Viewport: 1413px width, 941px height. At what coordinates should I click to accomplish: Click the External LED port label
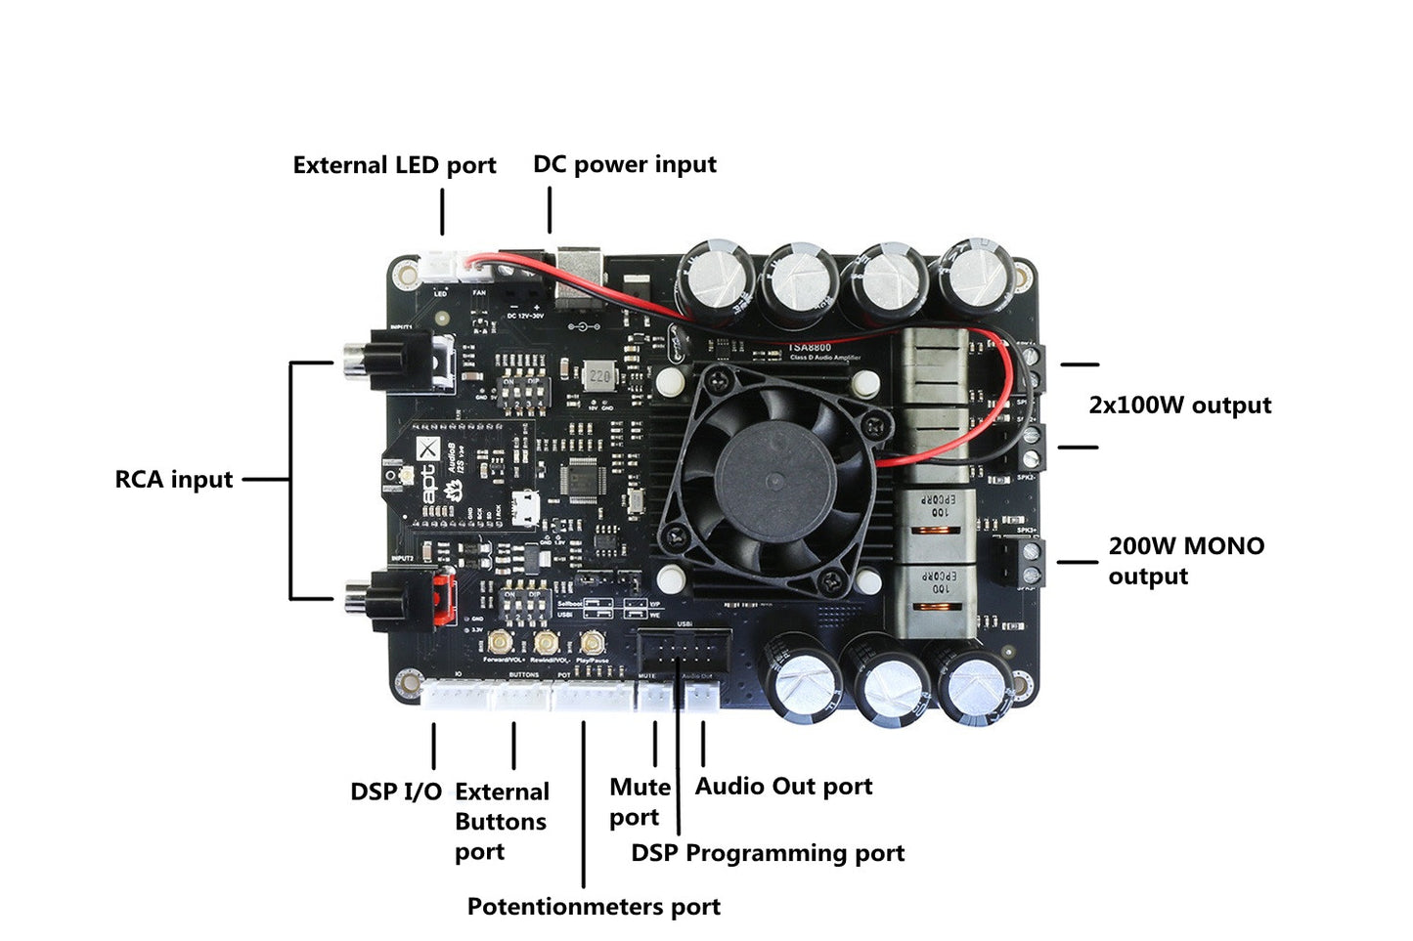(x=394, y=165)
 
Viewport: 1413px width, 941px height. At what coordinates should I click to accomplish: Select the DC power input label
(x=624, y=164)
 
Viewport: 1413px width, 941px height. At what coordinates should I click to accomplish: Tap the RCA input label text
(x=174, y=480)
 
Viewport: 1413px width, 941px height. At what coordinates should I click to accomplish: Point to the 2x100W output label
(x=1179, y=406)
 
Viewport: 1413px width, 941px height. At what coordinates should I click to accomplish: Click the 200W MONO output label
(x=1185, y=561)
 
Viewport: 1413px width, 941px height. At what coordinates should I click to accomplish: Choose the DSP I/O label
(x=396, y=791)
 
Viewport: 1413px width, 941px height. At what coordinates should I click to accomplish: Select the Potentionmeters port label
(x=594, y=907)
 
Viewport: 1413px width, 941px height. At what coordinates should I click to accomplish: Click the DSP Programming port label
(x=768, y=853)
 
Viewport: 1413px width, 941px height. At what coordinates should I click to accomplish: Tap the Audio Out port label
(x=783, y=787)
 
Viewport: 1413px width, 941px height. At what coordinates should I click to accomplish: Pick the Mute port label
(x=640, y=802)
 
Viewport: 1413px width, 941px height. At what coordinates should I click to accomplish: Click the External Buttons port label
(x=501, y=821)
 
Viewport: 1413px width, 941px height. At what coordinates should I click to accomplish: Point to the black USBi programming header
(x=684, y=651)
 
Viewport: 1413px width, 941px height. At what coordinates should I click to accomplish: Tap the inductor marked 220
(x=599, y=376)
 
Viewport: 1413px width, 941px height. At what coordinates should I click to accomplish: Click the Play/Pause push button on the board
(x=591, y=642)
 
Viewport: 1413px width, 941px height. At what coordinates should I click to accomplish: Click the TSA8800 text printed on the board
(x=810, y=347)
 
